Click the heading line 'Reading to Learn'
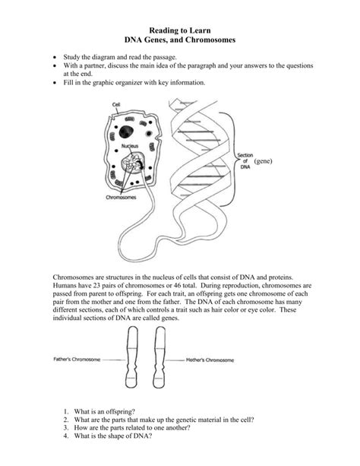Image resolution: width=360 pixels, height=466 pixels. (180, 27)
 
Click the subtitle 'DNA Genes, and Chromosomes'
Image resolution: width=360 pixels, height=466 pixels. (180, 38)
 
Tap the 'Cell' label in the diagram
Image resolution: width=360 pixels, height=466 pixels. (116, 104)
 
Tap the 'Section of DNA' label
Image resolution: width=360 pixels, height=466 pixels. (245, 161)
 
